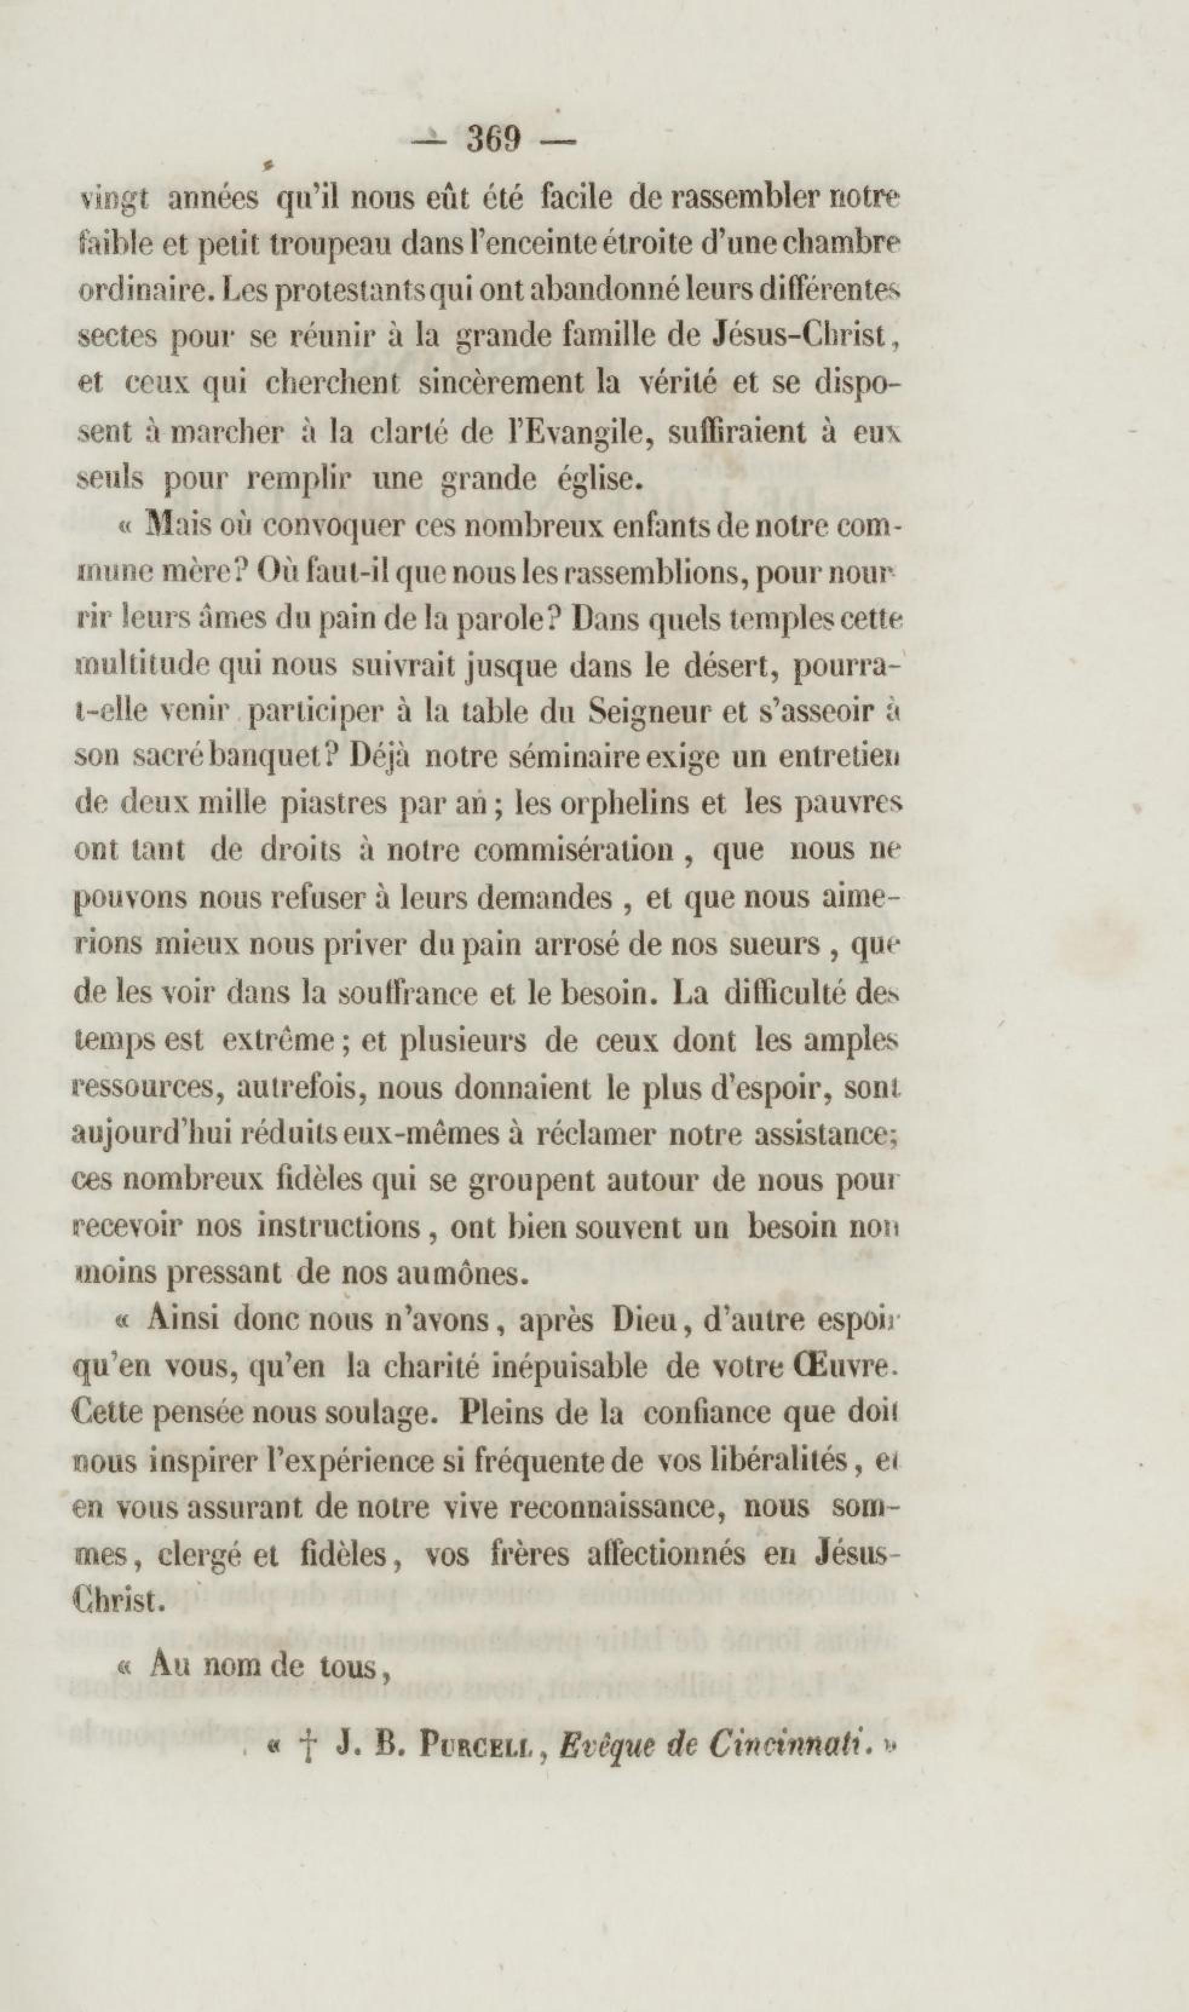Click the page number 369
(x=494, y=140)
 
